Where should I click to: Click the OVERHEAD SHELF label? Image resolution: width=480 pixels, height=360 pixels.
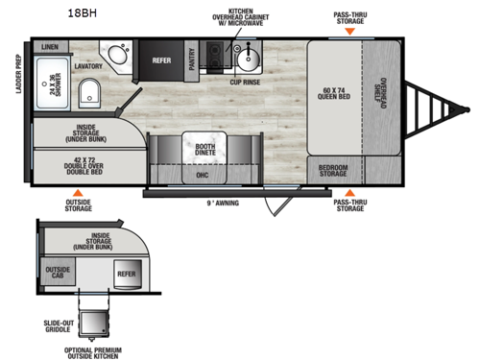(x=383, y=93)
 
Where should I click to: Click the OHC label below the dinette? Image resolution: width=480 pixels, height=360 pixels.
(x=203, y=175)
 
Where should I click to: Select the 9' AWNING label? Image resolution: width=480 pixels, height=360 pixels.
(x=223, y=203)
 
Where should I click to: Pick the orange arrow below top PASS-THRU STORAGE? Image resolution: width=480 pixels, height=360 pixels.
(x=350, y=31)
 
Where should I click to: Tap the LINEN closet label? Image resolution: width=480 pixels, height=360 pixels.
(x=50, y=46)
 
